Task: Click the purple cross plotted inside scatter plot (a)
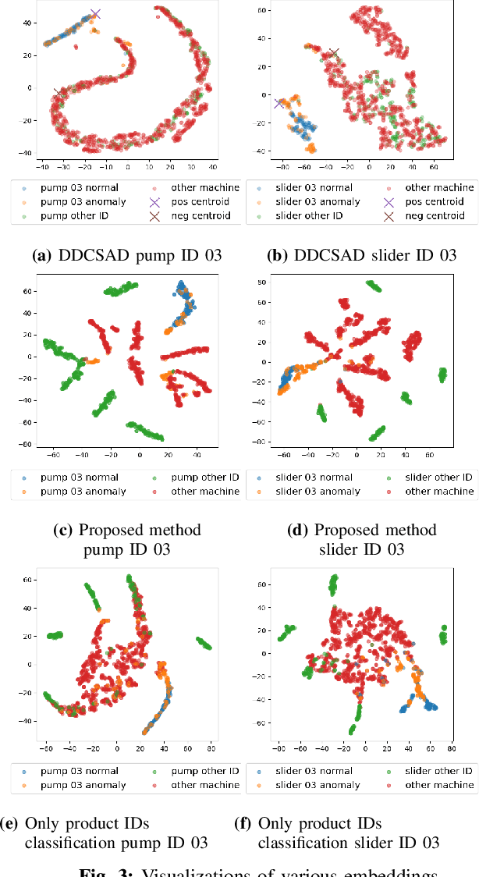95,14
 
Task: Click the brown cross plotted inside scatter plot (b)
334,53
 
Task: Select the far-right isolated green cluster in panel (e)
203,643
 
